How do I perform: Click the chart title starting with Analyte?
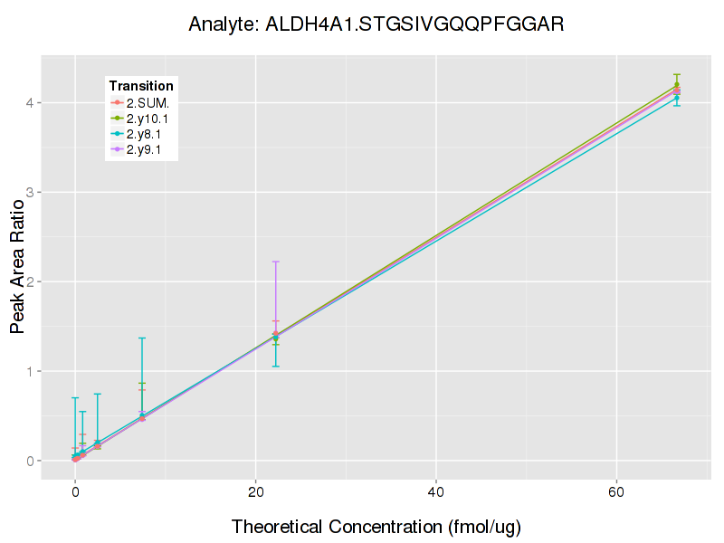pyautogui.click(x=376, y=24)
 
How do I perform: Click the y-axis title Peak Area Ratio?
pyautogui.click(x=18, y=271)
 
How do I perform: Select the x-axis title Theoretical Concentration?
pyautogui.click(x=376, y=526)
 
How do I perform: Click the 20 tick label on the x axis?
pyautogui.click(x=256, y=491)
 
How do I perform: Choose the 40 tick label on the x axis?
pyautogui.click(x=436, y=491)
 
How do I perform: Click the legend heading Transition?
pyautogui.click(x=141, y=86)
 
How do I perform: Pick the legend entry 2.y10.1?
pyautogui.click(x=149, y=119)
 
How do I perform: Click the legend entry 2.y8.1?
pyautogui.click(x=147, y=134)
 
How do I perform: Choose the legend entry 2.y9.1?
pyautogui.click(x=147, y=149)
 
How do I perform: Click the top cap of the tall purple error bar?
pyautogui.click(x=275, y=262)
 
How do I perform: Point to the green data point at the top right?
pyautogui.click(x=677, y=84)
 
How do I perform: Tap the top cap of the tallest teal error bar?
pyautogui.click(x=142, y=338)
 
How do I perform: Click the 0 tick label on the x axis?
pyautogui.click(x=75, y=491)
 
